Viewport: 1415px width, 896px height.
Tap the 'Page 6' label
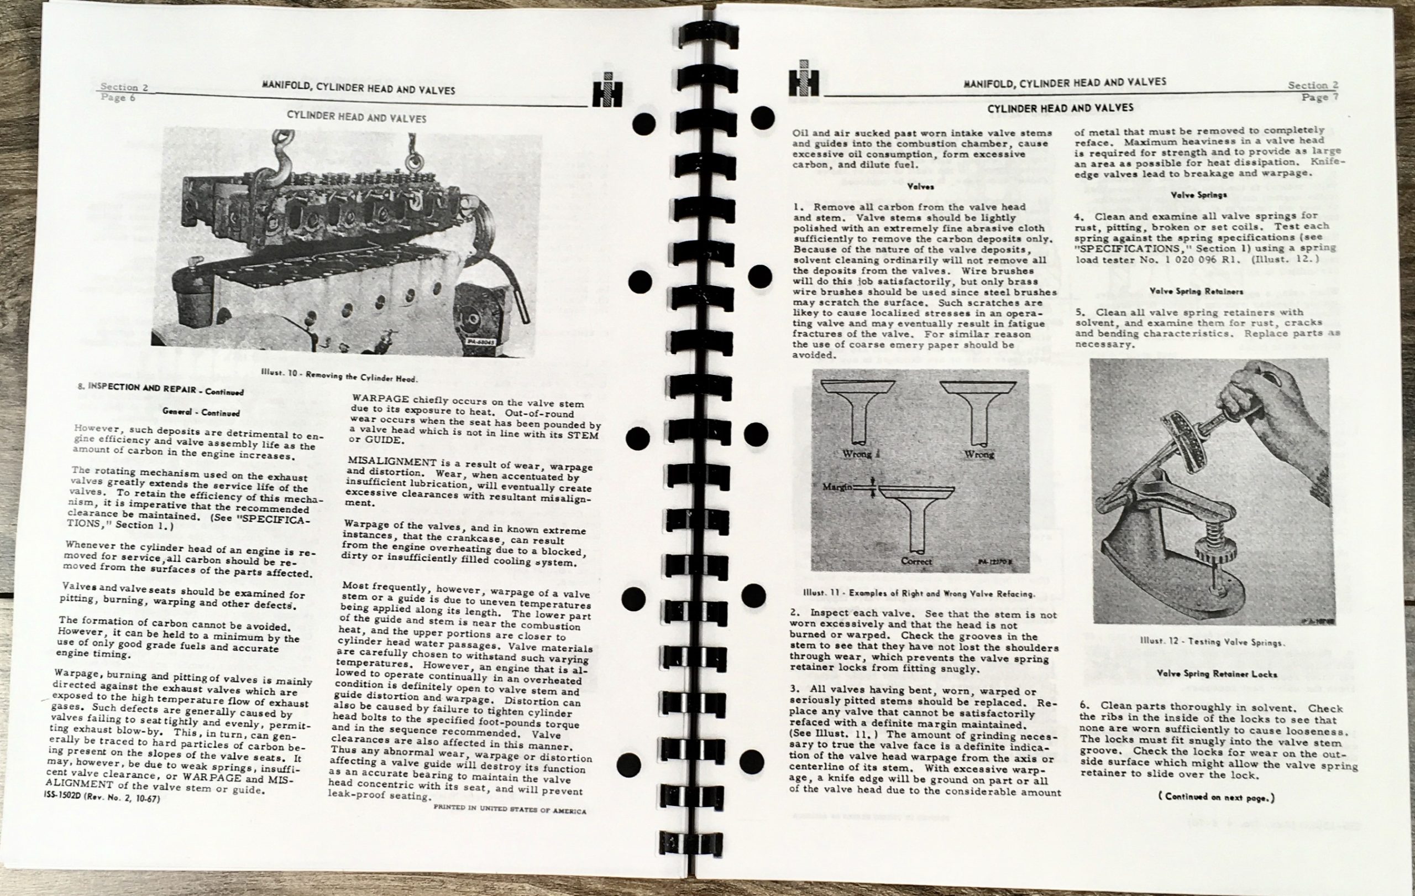(x=118, y=97)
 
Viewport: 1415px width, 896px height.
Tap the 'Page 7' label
(x=1320, y=97)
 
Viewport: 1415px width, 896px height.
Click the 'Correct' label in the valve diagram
(x=916, y=561)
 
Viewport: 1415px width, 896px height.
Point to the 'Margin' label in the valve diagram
(x=838, y=487)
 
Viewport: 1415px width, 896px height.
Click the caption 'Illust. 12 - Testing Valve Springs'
(x=1212, y=642)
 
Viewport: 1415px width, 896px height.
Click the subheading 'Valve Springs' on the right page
(x=1198, y=195)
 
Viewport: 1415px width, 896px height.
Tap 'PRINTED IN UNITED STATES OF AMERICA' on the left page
(x=510, y=810)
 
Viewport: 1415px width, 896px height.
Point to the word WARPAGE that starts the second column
(x=380, y=399)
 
